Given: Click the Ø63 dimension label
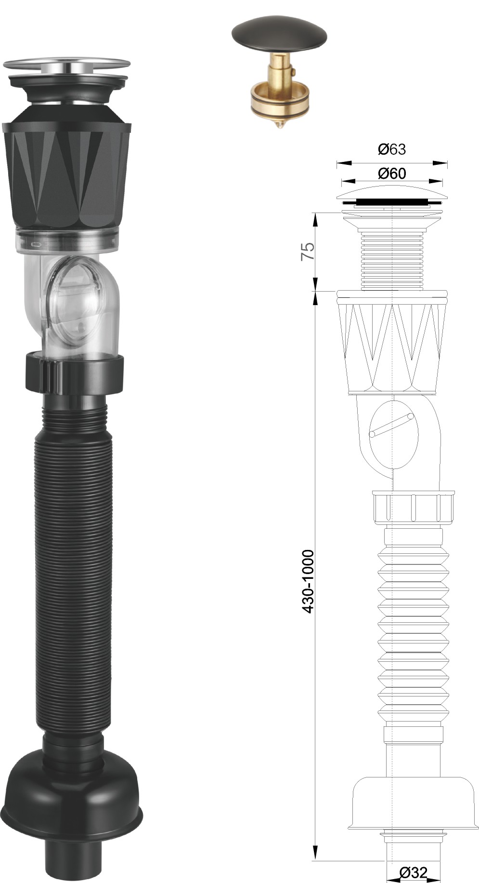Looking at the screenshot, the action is pyautogui.click(x=392, y=149).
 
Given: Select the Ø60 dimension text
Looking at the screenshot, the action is pyautogui.click(x=392, y=173).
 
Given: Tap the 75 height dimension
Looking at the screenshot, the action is pyautogui.click(x=308, y=251).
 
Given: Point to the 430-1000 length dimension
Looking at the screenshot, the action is pyautogui.click(x=308, y=581).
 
